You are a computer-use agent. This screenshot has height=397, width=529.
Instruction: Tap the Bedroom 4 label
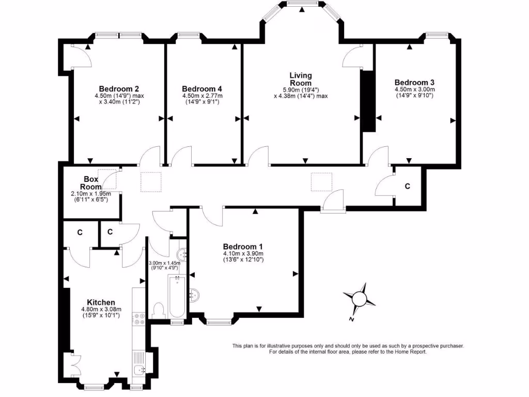pos(202,89)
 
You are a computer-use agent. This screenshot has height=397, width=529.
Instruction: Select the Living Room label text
pos(301,79)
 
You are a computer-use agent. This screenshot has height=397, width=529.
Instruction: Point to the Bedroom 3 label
pos(414,82)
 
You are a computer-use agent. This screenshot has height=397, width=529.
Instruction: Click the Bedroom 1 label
pos(243,247)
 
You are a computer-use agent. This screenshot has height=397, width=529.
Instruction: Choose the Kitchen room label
pos(101,302)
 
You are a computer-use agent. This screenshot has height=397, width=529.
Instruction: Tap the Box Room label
pos(91,183)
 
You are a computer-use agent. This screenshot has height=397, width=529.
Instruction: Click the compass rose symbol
pos(360,299)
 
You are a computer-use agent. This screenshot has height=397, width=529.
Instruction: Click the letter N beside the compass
pos(351,319)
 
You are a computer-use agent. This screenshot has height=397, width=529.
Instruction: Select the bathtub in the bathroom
pos(177,296)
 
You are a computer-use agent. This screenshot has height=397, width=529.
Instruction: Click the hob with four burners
pos(138,319)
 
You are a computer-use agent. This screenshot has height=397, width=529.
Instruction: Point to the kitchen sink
pos(139,370)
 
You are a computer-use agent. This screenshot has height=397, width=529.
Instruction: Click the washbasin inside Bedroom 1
pos(195,295)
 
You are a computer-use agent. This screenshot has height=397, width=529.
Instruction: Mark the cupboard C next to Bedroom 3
pos(408,186)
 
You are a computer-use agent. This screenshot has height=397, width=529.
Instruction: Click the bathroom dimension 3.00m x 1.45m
pos(164,265)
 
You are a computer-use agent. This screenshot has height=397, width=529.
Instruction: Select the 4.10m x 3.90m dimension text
pos(243,253)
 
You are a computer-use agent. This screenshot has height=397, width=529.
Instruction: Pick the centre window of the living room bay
pos(302,4)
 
